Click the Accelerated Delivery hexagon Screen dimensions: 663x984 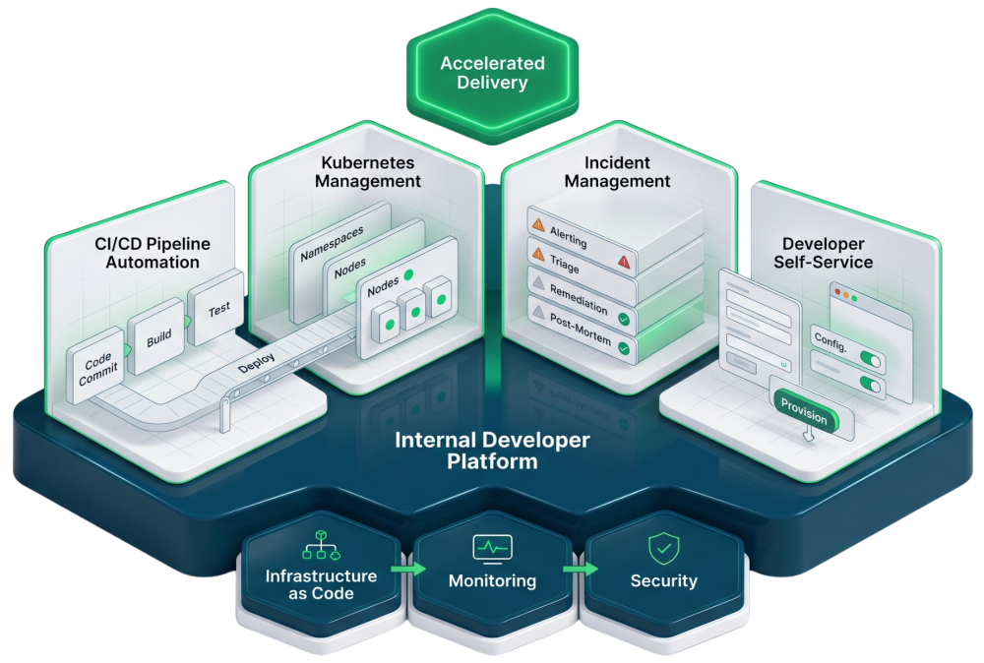(492, 74)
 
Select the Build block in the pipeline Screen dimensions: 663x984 (158, 337)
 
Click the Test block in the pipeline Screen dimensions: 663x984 (218, 308)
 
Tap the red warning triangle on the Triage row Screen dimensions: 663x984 (623, 262)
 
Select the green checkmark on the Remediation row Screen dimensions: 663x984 (623, 320)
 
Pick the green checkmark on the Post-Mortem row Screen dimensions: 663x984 (623, 348)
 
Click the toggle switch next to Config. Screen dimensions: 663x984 (870, 359)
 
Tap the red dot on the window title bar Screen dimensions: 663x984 (837, 292)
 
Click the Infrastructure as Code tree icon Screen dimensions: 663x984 (320, 543)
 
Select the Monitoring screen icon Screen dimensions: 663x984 (492, 547)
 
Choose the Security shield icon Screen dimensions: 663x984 (662, 547)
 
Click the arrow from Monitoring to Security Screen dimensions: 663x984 (580, 569)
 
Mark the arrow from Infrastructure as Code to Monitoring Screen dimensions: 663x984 (407, 569)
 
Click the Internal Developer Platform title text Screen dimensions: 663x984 (492, 450)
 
